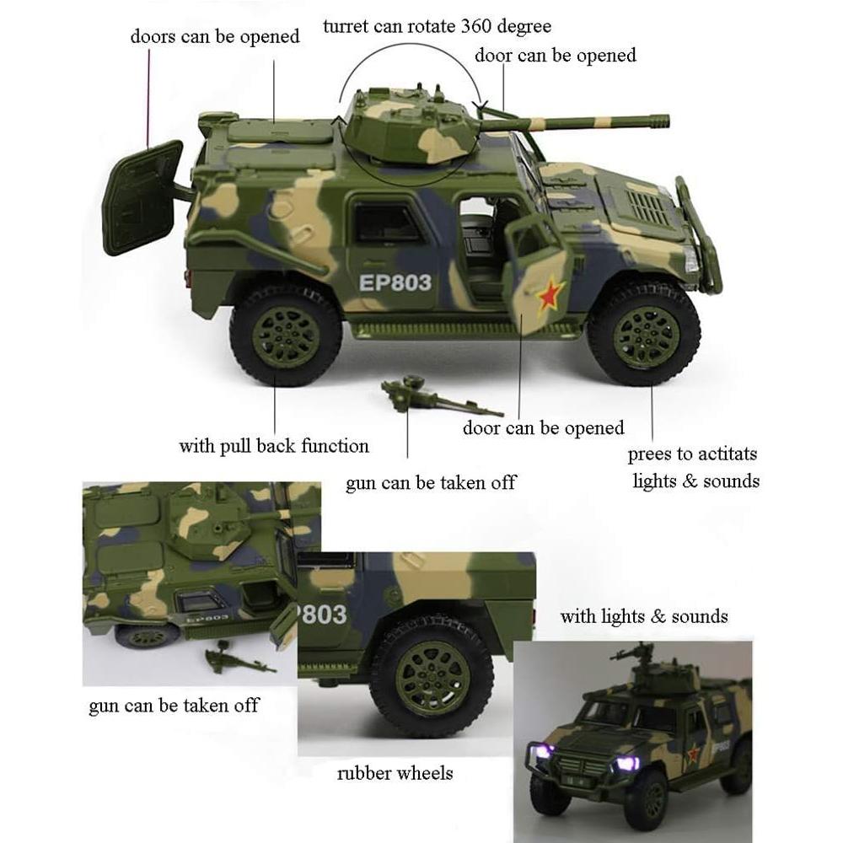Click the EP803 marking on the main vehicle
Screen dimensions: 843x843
[395, 282]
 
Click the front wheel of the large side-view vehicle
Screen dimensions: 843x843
[645, 332]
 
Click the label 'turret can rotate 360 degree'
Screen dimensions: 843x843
[437, 26]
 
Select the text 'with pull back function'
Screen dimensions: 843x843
[273, 445]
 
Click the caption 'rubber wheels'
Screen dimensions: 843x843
[395, 772]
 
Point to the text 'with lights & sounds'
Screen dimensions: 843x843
[643, 616]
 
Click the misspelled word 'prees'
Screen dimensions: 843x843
[648, 454]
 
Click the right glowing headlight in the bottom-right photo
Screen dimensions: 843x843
[626, 763]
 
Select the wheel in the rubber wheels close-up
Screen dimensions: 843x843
[432, 676]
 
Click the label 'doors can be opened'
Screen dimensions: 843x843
[214, 36]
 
